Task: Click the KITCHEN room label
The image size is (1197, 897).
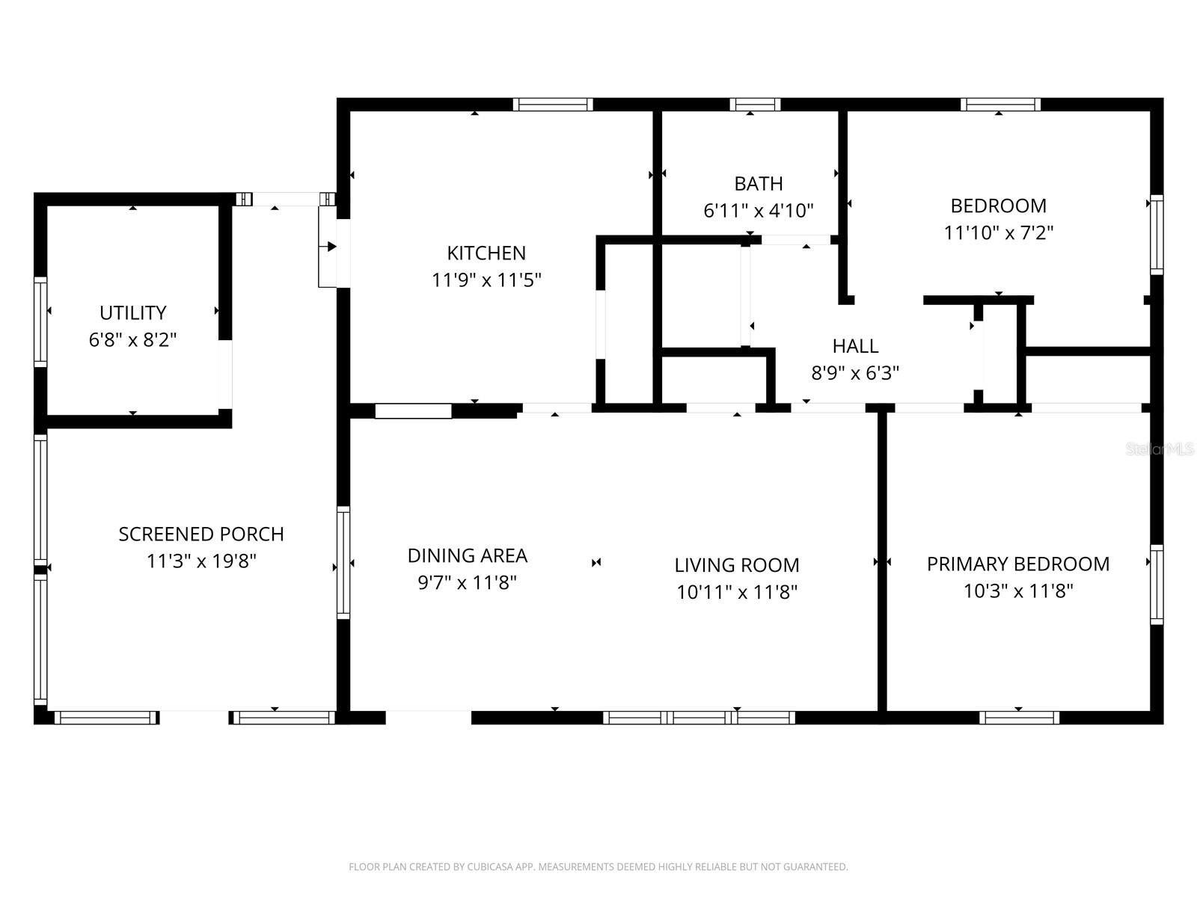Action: [x=486, y=253]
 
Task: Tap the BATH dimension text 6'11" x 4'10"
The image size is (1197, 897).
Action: [x=758, y=211]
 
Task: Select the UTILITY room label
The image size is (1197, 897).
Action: [x=133, y=312]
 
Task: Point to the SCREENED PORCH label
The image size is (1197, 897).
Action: [x=201, y=534]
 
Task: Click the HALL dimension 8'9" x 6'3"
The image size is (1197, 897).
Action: [x=855, y=372]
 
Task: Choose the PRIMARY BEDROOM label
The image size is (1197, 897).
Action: [x=1017, y=564]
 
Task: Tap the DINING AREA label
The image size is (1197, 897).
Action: [x=467, y=555]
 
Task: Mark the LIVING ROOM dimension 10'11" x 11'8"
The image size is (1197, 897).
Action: [x=737, y=592]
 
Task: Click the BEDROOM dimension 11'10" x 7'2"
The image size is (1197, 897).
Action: [x=998, y=232]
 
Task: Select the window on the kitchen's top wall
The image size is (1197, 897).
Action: [x=553, y=105]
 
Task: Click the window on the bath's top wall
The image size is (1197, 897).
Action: [x=755, y=105]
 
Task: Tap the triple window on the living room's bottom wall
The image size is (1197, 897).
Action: [x=699, y=718]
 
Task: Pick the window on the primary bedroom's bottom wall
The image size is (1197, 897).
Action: [x=1019, y=718]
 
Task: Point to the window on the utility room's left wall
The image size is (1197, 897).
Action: [x=40, y=321]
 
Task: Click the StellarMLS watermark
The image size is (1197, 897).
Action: [x=1159, y=449]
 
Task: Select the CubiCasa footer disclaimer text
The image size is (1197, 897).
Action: [x=598, y=867]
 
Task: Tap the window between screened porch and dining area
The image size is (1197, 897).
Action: [x=343, y=562]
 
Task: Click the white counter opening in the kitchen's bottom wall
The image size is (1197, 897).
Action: [x=413, y=410]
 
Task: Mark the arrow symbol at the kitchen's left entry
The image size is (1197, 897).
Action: [x=331, y=247]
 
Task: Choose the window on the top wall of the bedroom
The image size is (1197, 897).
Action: [x=1000, y=105]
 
